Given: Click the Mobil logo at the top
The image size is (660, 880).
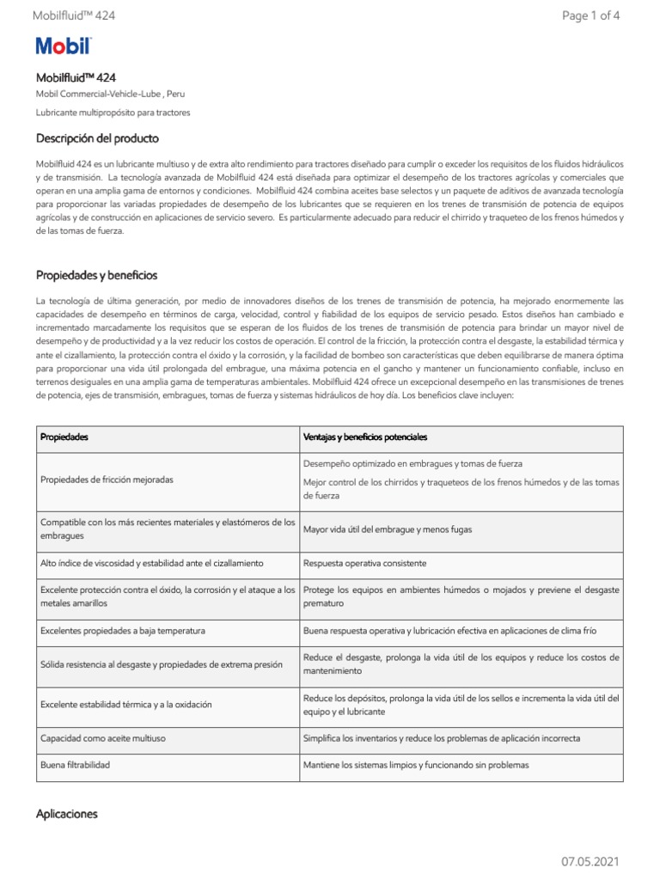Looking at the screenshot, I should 63,46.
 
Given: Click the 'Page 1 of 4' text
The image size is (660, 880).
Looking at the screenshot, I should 590,15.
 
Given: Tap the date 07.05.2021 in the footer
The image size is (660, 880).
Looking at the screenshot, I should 590,861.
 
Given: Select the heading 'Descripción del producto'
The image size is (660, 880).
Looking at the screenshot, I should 97,138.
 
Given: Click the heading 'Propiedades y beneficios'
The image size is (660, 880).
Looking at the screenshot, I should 96,275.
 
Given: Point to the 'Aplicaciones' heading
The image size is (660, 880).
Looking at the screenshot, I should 67,813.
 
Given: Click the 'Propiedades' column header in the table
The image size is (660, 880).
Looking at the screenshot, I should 64,437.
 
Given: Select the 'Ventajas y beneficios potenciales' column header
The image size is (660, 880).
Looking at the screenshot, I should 365,437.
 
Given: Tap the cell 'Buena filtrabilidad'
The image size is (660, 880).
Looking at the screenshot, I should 76,764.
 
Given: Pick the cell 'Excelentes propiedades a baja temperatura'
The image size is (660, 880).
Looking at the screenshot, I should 123,631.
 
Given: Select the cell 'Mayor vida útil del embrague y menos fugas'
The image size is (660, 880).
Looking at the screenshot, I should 388,529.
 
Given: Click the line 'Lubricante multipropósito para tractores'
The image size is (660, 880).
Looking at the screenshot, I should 113,113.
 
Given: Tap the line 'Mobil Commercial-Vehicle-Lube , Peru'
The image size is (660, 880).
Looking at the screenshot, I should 110,93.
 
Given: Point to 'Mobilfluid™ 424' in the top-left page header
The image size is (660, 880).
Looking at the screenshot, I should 73,15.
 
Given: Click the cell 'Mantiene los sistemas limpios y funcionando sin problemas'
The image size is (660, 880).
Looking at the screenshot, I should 416,764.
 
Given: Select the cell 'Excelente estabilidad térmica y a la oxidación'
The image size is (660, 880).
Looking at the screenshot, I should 126,705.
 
